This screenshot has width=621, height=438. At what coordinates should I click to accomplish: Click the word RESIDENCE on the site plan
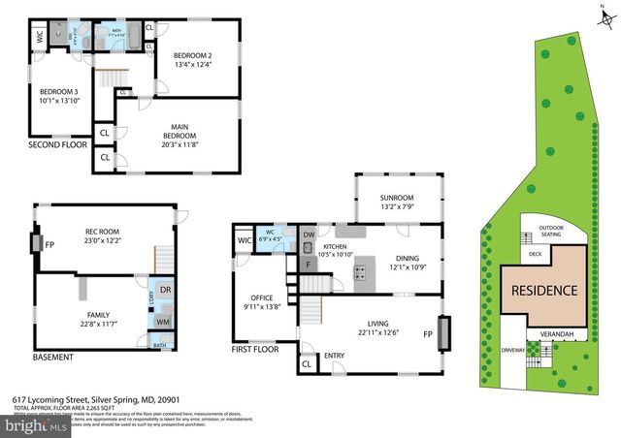click(543, 290)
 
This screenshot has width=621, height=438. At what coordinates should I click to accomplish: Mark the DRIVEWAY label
click(513, 349)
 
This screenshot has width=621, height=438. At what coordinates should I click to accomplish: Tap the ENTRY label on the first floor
click(334, 356)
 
